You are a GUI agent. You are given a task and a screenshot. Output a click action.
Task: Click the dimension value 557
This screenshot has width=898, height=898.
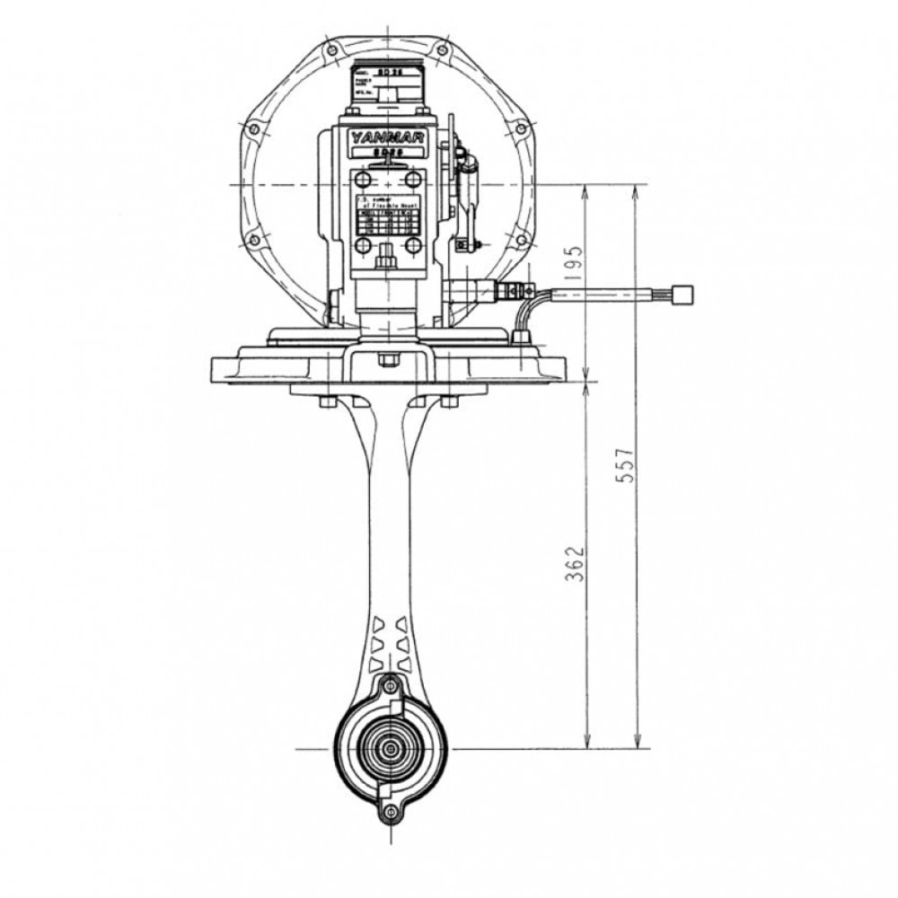click(629, 465)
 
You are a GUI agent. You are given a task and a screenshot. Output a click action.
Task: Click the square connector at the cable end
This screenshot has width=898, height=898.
click(683, 293)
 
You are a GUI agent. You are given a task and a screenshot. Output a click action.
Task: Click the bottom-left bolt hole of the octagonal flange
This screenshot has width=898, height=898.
click(254, 239)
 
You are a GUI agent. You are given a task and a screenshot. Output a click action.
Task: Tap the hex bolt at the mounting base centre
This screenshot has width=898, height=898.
click(388, 360)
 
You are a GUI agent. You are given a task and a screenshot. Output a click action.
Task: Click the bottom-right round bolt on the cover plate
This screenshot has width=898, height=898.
click(413, 245)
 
